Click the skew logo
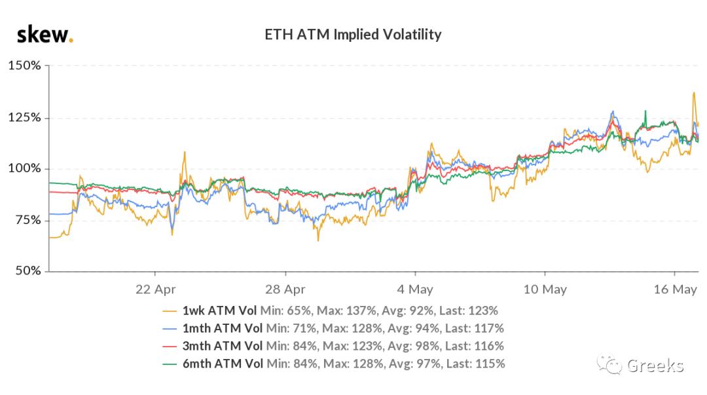(x=45, y=34)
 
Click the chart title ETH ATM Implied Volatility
(x=353, y=35)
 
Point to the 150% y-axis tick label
(x=24, y=66)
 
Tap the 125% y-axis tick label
(x=24, y=118)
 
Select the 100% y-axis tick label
(x=24, y=169)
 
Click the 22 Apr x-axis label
(x=155, y=290)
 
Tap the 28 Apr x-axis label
(x=285, y=290)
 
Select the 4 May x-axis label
(x=415, y=290)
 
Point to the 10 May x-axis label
(x=545, y=290)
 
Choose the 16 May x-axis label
(x=675, y=290)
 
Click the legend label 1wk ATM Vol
(x=220, y=310)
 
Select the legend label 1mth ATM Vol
(x=223, y=328)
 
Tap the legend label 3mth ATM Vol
(x=223, y=346)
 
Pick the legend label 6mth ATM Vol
(x=223, y=364)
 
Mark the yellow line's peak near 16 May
(x=693, y=93)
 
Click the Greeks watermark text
(x=655, y=366)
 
